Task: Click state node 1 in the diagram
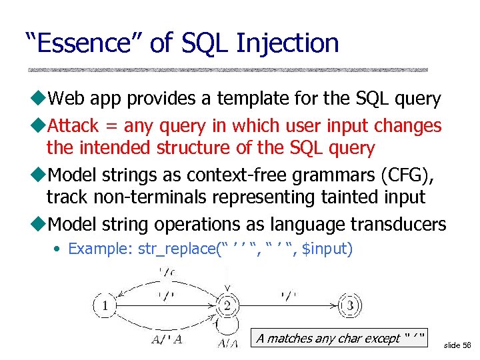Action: (x=104, y=307)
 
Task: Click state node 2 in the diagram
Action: (x=227, y=307)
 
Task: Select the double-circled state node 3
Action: (x=351, y=306)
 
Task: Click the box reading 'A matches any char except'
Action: (x=341, y=338)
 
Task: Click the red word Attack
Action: (x=74, y=125)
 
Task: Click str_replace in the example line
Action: (x=174, y=249)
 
